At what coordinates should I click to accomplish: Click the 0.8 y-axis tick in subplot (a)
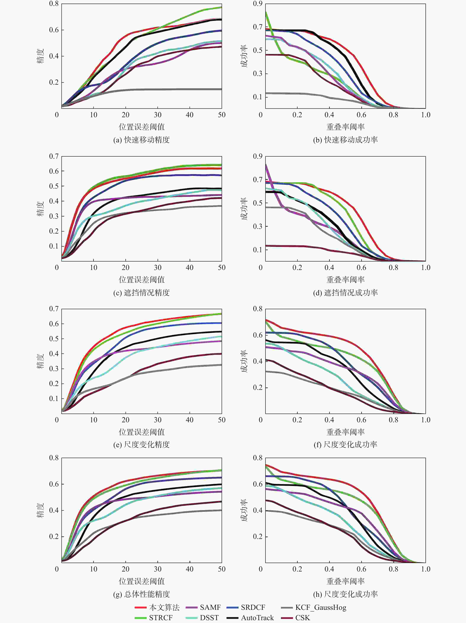click(54, 4)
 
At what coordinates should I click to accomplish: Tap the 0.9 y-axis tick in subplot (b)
click(258, 4)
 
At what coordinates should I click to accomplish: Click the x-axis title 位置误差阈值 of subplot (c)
click(142, 280)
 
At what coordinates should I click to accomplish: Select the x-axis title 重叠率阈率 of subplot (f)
click(345, 432)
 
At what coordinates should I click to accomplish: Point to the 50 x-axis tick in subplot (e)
click(222, 420)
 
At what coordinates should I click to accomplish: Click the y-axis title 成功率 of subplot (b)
click(244, 56)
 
